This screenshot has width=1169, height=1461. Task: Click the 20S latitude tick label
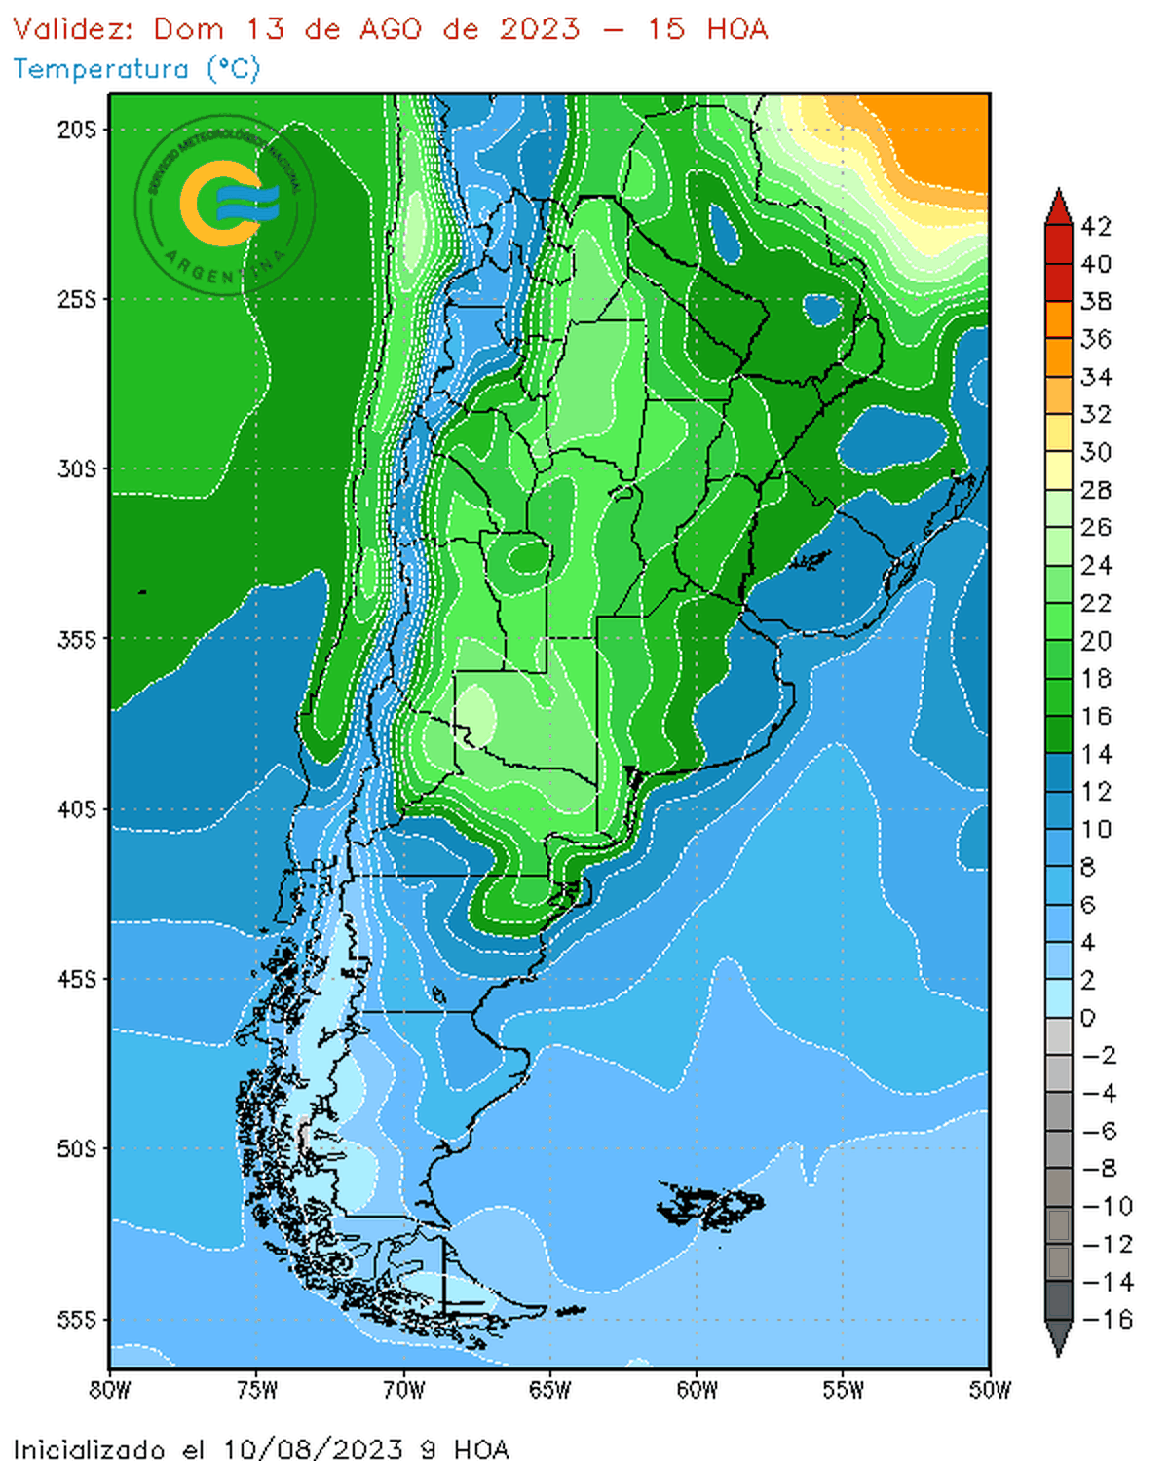[x=77, y=130]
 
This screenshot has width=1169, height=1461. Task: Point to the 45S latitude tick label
[x=77, y=979]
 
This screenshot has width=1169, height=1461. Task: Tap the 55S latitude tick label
[x=77, y=1320]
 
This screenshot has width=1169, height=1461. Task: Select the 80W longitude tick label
[x=110, y=1390]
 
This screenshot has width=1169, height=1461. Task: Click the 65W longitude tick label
[x=549, y=1390]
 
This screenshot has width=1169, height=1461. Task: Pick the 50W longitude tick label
[x=990, y=1390]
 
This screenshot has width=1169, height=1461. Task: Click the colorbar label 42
[x=1096, y=227]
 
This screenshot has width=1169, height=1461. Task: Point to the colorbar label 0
[x=1088, y=1018]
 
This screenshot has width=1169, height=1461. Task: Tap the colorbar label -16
[x=1108, y=1320]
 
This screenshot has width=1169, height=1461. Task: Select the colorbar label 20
[x=1096, y=641]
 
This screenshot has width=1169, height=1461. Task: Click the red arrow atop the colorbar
[x=1059, y=206]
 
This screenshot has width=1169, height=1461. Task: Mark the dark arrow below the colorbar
[x=1059, y=1338]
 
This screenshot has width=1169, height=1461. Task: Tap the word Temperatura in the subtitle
[x=101, y=69]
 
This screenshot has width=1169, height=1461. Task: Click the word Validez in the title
[x=72, y=29]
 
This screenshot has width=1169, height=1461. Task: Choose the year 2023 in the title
[x=540, y=29]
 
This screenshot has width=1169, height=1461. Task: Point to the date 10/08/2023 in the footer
[x=313, y=1449]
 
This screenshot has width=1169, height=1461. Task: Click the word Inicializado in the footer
[x=89, y=1449]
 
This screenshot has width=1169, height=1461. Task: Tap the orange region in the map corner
[x=935, y=136]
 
